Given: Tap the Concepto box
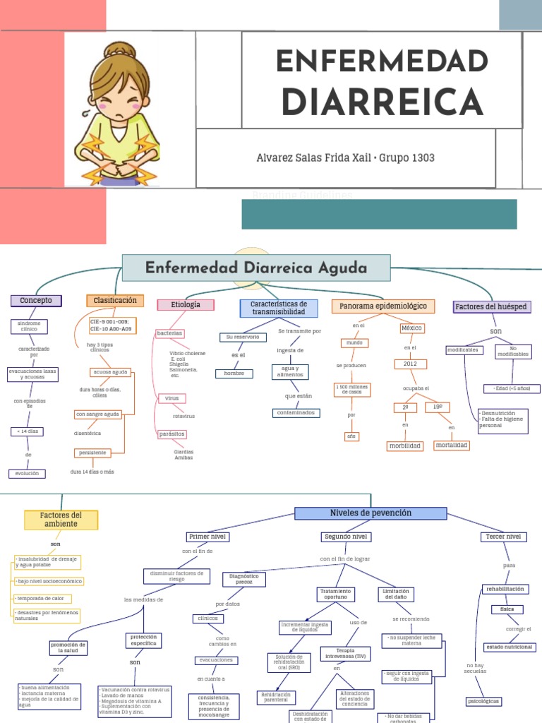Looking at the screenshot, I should (x=36, y=300).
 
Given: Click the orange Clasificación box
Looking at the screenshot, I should (x=115, y=301).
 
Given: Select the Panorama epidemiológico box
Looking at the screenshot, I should (x=383, y=306).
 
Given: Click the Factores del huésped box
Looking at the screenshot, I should (x=492, y=306).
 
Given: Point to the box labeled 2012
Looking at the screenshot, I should (x=411, y=364).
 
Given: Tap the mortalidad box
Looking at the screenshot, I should (x=452, y=445).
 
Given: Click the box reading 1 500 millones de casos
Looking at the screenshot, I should (x=351, y=389).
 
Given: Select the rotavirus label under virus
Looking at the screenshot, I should (x=183, y=416).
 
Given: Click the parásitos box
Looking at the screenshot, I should (x=171, y=434).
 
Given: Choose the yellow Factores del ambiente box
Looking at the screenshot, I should (x=61, y=520).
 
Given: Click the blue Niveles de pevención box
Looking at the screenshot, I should (x=371, y=513).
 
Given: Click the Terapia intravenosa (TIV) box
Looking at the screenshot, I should (x=346, y=652).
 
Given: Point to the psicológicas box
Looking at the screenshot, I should (x=483, y=701).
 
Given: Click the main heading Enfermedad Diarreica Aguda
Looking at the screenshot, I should (x=255, y=268).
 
